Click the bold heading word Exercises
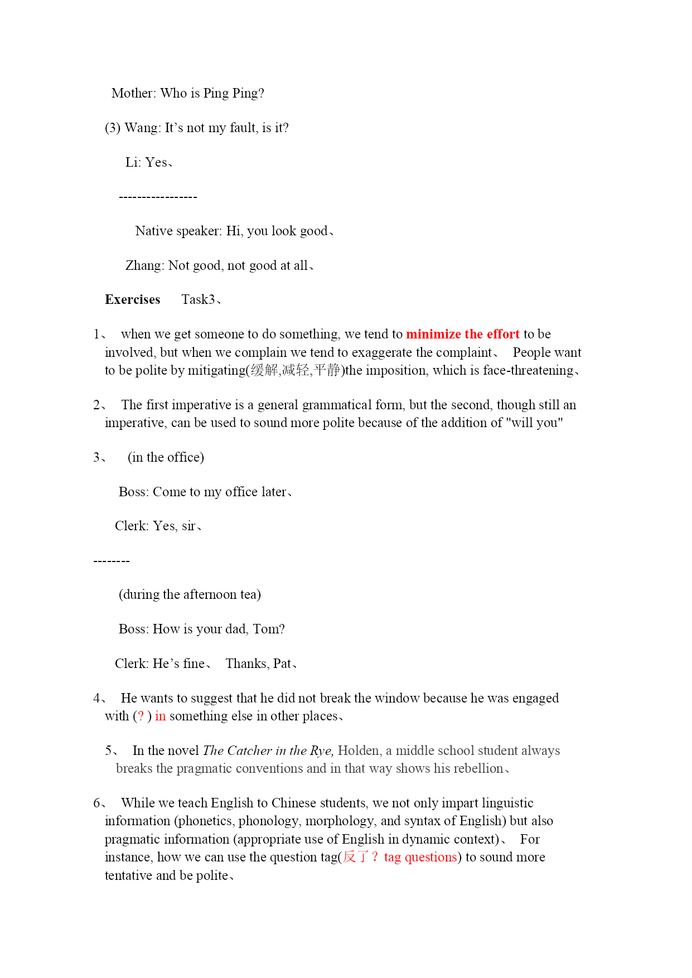(x=132, y=300)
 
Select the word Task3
(x=198, y=300)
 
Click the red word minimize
(x=433, y=335)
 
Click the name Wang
(x=141, y=128)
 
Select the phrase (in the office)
(x=166, y=458)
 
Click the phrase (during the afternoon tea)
(x=190, y=595)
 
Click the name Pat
(x=282, y=664)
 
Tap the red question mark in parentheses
(x=141, y=716)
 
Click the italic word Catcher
(x=249, y=751)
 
